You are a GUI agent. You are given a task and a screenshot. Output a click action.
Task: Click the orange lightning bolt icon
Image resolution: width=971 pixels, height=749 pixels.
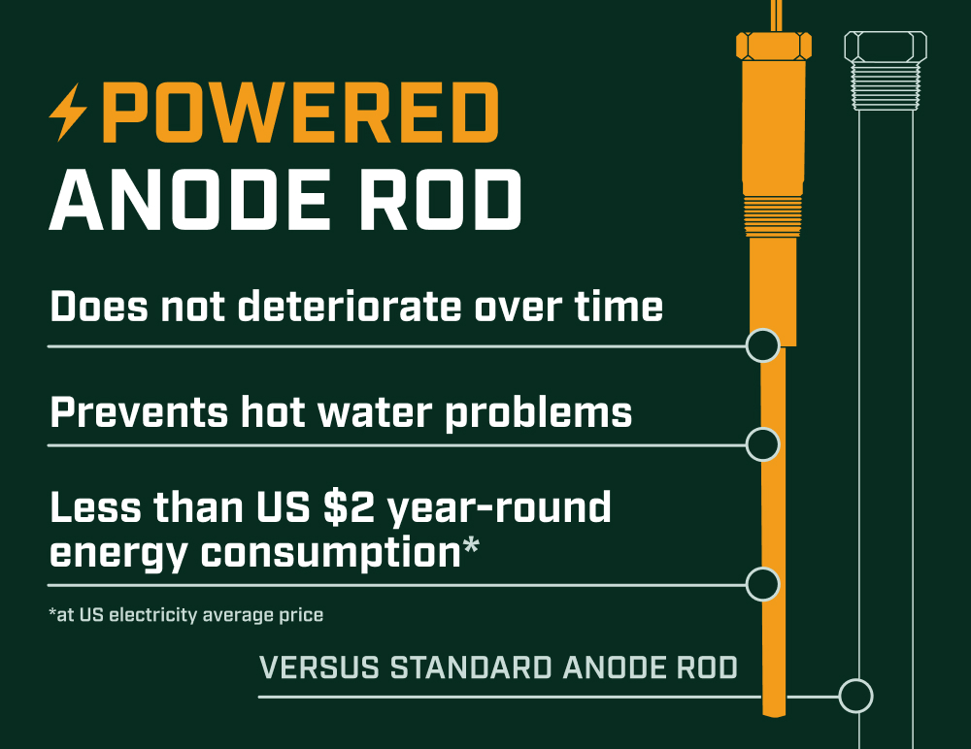pyautogui.click(x=68, y=112)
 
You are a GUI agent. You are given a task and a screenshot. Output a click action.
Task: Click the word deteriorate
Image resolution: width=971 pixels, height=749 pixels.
pyautogui.click(x=350, y=307)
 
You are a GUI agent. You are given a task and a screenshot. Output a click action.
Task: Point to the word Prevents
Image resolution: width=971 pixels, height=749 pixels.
pyautogui.click(x=139, y=412)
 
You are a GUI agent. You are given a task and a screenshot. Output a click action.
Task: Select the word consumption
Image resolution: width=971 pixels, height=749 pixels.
pyautogui.click(x=331, y=553)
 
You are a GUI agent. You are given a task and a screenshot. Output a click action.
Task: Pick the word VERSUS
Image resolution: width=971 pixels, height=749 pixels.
pyautogui.click(x=319, y=668)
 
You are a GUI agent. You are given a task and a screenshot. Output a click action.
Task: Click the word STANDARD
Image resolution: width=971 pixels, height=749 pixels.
pyautogui.click(x=471, y=668)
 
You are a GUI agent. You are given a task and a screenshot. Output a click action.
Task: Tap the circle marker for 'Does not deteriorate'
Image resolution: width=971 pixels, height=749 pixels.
pyautogui.click(x=763, y=345)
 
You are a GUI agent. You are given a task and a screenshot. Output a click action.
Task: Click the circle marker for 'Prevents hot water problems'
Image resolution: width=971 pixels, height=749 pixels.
pyautogui.click(x=763, y=443)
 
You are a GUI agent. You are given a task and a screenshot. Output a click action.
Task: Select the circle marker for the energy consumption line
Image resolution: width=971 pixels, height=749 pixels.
pyautogui.click(x=763, y=584)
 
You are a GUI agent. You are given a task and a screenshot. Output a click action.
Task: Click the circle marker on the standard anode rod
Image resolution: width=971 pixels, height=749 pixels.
pyautogui.click(x=855, y=696)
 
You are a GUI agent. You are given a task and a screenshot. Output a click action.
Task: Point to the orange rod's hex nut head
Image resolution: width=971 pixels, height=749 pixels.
pyautogui.click(x=774, y=47)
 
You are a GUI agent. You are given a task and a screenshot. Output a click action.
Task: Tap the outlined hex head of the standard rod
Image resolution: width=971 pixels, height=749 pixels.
pyautogui.click(x=886, y=47)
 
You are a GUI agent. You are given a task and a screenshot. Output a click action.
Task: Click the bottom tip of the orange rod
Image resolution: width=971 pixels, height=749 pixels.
pyautogui.click(x=774, y=716)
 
